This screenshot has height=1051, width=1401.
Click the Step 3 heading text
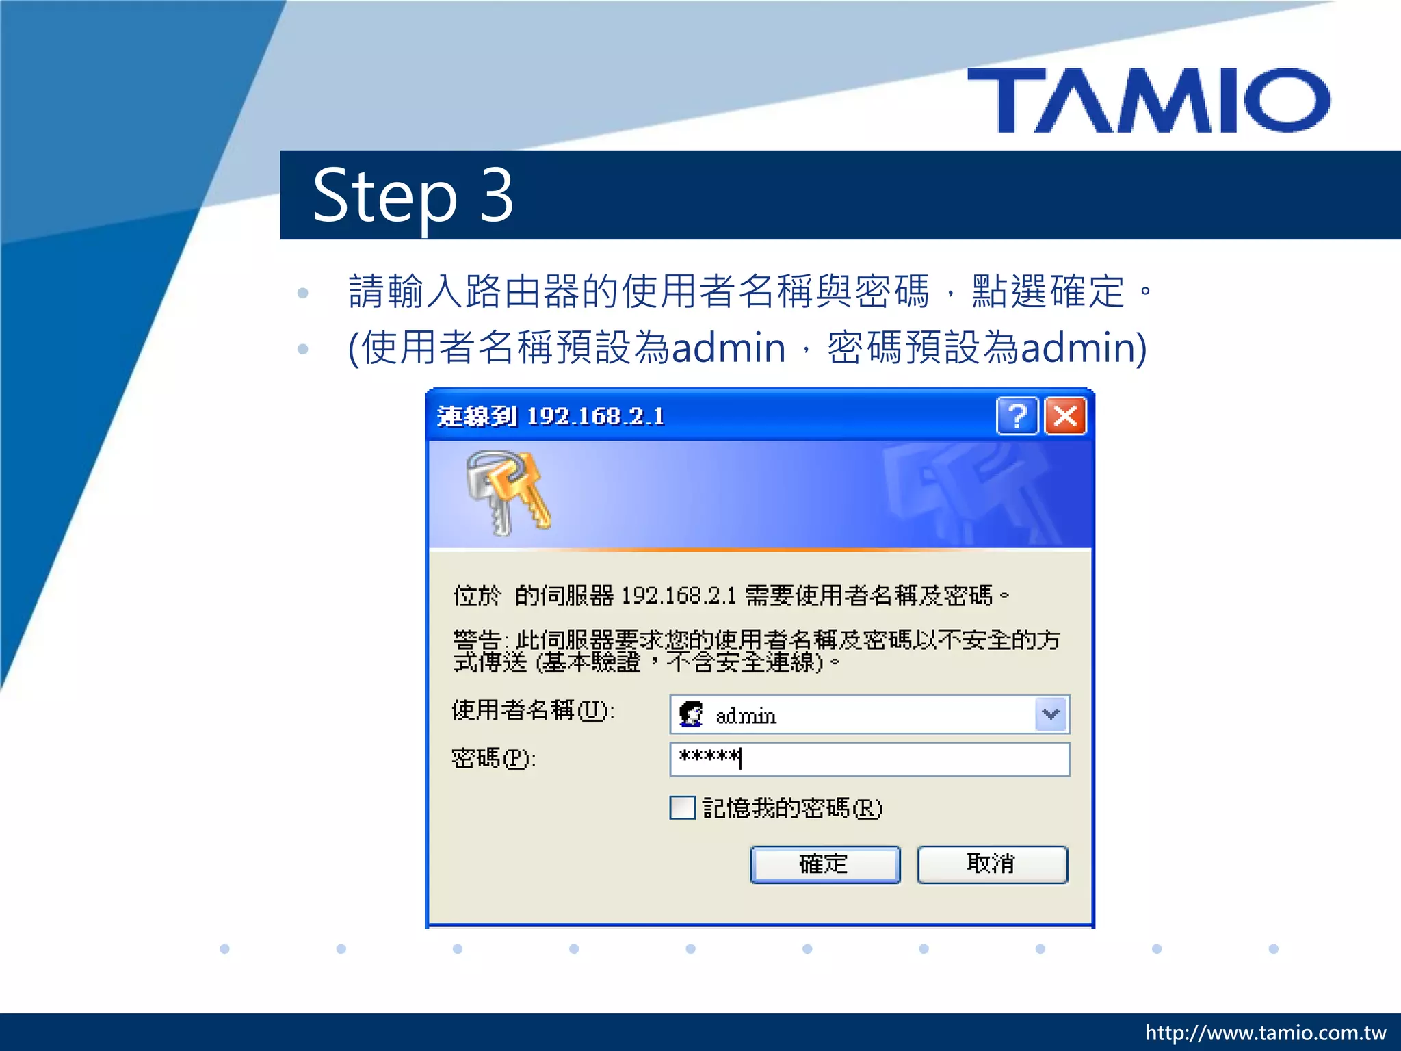pos(413,196)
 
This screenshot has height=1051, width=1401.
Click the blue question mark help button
pos(1017,415)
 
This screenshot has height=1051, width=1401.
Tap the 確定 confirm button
pos(824,864)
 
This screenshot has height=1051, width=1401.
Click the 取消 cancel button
pos(992,864)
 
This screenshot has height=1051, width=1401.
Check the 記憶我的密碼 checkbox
pos(682,808)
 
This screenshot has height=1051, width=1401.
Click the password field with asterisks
pos(869,759)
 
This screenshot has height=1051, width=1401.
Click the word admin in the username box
pos(746,716)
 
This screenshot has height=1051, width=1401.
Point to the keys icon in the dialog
pos(507,492)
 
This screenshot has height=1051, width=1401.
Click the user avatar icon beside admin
pos(690,714)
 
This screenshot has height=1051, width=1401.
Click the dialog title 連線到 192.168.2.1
pos(551,416)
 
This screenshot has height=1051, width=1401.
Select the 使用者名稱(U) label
pos(533,710)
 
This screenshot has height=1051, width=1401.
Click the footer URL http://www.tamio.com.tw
pos(1265,1033)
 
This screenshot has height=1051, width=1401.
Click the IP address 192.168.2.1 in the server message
pos(679,596)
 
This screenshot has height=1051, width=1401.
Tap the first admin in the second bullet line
pos(728,348)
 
